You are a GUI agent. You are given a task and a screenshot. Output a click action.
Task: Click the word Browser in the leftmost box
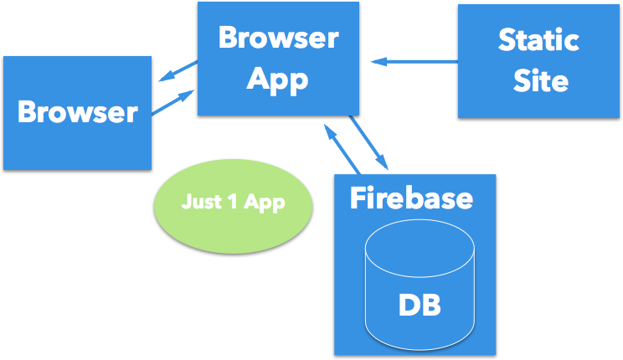point(77,111)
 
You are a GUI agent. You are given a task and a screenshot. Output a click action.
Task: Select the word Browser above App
point(279,38)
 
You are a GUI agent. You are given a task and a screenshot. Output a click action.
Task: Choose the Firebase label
point(410,198)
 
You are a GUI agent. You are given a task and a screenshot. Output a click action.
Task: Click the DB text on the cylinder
point(419,304)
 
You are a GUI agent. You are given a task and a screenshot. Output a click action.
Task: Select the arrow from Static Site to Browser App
point(415,61)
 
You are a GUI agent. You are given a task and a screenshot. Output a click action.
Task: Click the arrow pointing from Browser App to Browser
point(177,73)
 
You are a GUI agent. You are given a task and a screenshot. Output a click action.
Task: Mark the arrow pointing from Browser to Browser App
point(173,102)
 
